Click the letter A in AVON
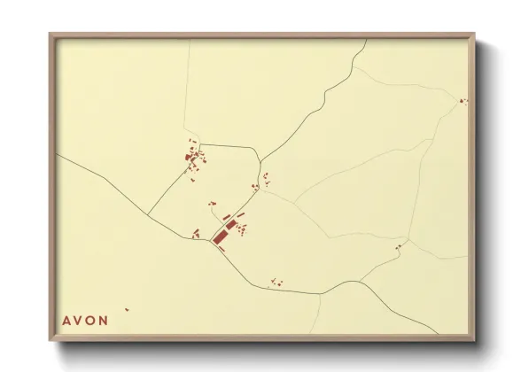coord(66,320)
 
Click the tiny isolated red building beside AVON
coord(127,309)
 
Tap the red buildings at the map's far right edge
coord(462,101)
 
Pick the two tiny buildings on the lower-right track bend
coord(398,245)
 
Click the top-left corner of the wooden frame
coord(51,35)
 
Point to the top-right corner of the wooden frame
coord(474,35)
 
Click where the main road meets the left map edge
coord(58,154)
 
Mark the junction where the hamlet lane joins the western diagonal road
coord(147,214)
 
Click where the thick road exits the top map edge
coord(365,41)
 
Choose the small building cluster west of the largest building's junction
coord(196,234)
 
